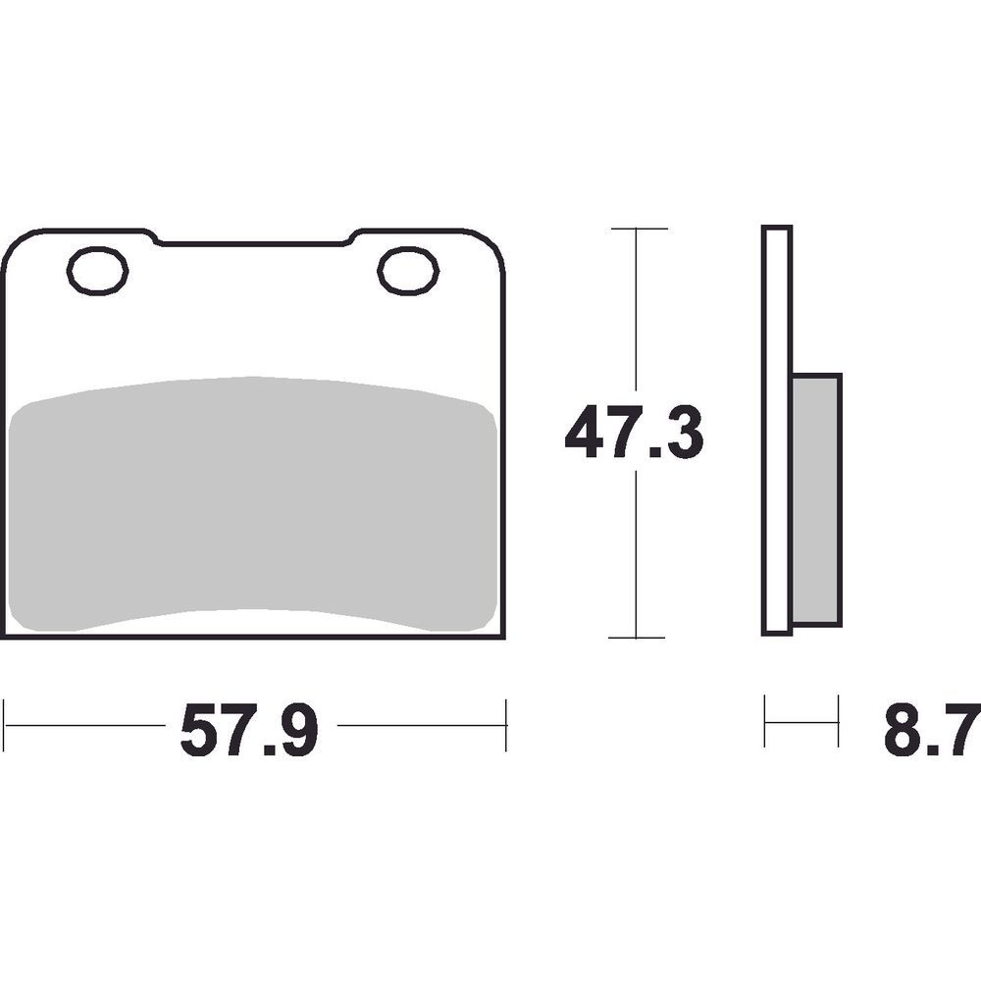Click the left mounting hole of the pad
click(x=98, y=270)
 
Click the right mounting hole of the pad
click(x=408, y=271)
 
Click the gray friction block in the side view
click(x=816, y=500)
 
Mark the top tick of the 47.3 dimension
click(x=638, y=229)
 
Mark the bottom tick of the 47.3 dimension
click(x=638, y=638)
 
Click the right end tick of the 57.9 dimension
click(x=505, y=725)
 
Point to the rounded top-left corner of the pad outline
click(x=14, y=245)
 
